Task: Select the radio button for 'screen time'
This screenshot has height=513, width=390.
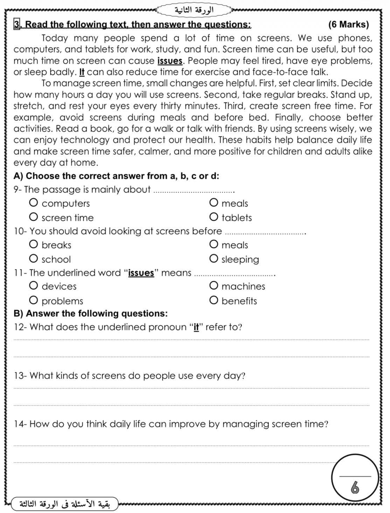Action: [34, 217]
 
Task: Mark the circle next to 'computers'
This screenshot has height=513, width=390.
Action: [34, 203]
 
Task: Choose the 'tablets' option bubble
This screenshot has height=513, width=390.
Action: [214, 217]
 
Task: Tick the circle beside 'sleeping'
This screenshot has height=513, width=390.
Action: [214, 259]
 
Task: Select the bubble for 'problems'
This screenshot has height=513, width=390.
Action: [34, 300]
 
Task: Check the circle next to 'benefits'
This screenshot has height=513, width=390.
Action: [214, 300]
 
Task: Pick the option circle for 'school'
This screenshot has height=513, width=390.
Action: [34, 259]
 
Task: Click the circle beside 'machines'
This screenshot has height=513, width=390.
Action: [214, 286]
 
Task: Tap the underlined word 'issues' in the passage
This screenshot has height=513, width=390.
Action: [170, 61]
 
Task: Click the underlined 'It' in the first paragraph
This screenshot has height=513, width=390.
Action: [82, 72]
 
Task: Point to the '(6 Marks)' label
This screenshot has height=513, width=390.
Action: [348, 24]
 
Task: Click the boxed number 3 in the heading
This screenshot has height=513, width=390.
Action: [16, 24]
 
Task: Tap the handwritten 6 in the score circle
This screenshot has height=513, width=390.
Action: [355, 487]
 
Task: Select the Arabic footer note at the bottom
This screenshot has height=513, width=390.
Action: [65, 504]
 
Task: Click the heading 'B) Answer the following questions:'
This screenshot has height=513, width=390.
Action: [90, 313]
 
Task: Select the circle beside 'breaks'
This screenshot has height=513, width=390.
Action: [34, 244]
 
